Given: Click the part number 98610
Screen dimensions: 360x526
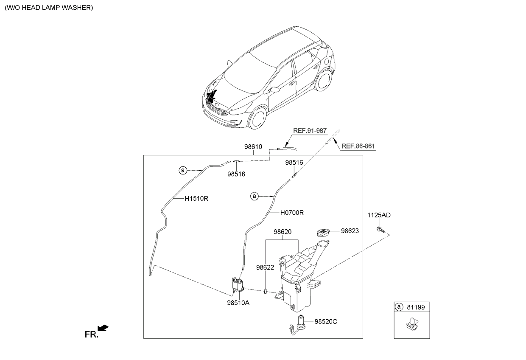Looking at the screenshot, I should pyautogui.click(x=253, y=147).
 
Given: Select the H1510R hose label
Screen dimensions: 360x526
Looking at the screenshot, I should pyautogui.click(x=196, y=198).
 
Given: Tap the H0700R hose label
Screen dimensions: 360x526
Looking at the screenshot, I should pyautogui.click(x=292, y=213).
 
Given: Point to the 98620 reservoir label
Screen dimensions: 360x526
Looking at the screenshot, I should pyautogui.click(x=282, y=232).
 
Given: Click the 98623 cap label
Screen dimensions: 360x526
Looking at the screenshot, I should pyautogui.click(x=350, y=231).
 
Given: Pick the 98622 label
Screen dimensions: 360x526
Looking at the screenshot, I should pyautogui.click(x=265, y=267).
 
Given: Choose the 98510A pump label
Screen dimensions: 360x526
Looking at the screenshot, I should pyautogui.click(x=238, y=303).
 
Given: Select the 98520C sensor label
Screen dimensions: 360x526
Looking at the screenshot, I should pyautogui.click(x=326, y=321).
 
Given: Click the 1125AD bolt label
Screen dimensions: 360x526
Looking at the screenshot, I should pyautogui.click(x=379, y=215).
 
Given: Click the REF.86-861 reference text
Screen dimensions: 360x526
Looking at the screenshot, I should pyautogui.click(x=358, y=146).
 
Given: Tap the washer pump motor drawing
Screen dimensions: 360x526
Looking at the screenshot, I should pyautogui.click(x=238, y=285).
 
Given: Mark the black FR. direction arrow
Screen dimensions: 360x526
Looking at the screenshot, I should pyautogui.click(x=103, y=328).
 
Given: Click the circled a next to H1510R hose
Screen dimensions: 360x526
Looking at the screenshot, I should pyautogui.click(x=182, y=170).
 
